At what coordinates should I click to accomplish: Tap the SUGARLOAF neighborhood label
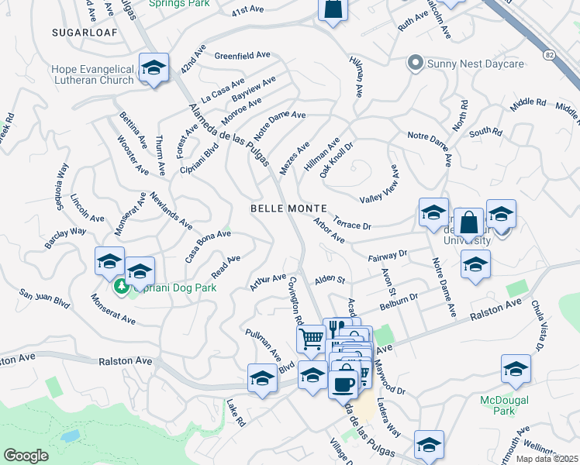point(77,33)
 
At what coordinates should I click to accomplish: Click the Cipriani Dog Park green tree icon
point(120,288)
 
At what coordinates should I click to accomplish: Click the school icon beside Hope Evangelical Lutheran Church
point(154,68)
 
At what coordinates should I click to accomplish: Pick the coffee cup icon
point(343,383)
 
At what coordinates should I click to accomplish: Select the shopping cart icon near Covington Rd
point(311,338)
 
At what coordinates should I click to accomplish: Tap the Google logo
point(26,456)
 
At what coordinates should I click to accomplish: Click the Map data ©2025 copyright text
point(547,459)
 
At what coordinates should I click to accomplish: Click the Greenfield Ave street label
point(242,56)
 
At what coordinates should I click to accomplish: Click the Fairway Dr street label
point(387,254)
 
